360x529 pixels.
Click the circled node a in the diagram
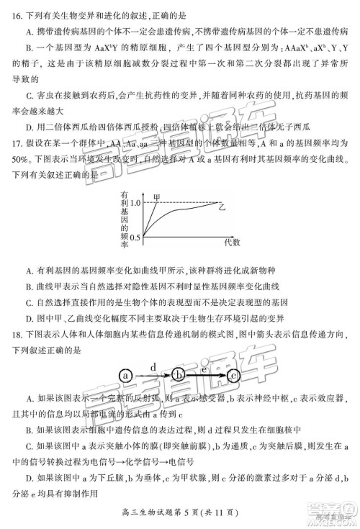[127, 375]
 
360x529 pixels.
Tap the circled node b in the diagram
[180, 375]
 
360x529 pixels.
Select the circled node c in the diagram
[232, 375]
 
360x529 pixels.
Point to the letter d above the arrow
[152, 367]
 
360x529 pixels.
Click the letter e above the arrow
[204, 368]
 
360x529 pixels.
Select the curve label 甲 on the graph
[157, 196]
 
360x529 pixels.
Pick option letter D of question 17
[28, 317]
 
